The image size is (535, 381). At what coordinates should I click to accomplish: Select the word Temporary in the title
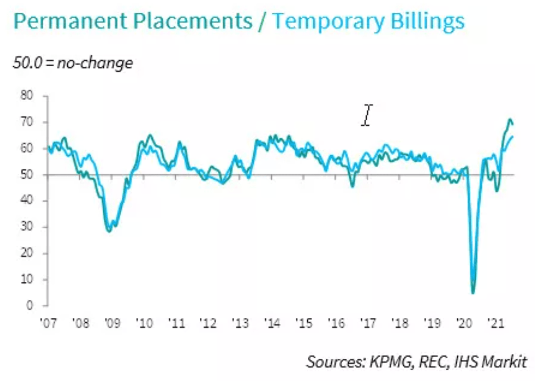click(328, 21)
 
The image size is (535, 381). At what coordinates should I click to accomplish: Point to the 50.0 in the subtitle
click(27, 63)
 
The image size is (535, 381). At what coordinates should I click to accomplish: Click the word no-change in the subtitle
click(95, 63)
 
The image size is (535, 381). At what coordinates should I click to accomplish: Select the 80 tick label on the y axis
click(27, 95)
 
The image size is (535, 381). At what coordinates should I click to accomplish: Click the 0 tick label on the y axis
click(29, 305)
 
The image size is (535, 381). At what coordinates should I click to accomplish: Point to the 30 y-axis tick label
click(27, 227)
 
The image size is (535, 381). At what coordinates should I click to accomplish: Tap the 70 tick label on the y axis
click(27, 122)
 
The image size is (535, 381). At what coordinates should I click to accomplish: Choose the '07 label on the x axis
click(48, 323)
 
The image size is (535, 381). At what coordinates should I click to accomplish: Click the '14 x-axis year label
click(272, 323)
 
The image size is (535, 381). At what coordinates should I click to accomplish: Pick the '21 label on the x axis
click(496, 323)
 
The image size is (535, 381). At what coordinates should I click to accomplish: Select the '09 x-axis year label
click(112, 323)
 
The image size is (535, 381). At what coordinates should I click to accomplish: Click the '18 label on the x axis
click(400, 323)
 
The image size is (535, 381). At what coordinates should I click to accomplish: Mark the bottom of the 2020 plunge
click(473, 292)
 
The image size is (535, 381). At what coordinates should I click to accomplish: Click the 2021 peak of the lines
click(510, 120)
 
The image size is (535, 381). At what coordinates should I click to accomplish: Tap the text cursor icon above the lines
click(367, 115)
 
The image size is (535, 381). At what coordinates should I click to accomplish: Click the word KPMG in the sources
click(391, 362)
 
